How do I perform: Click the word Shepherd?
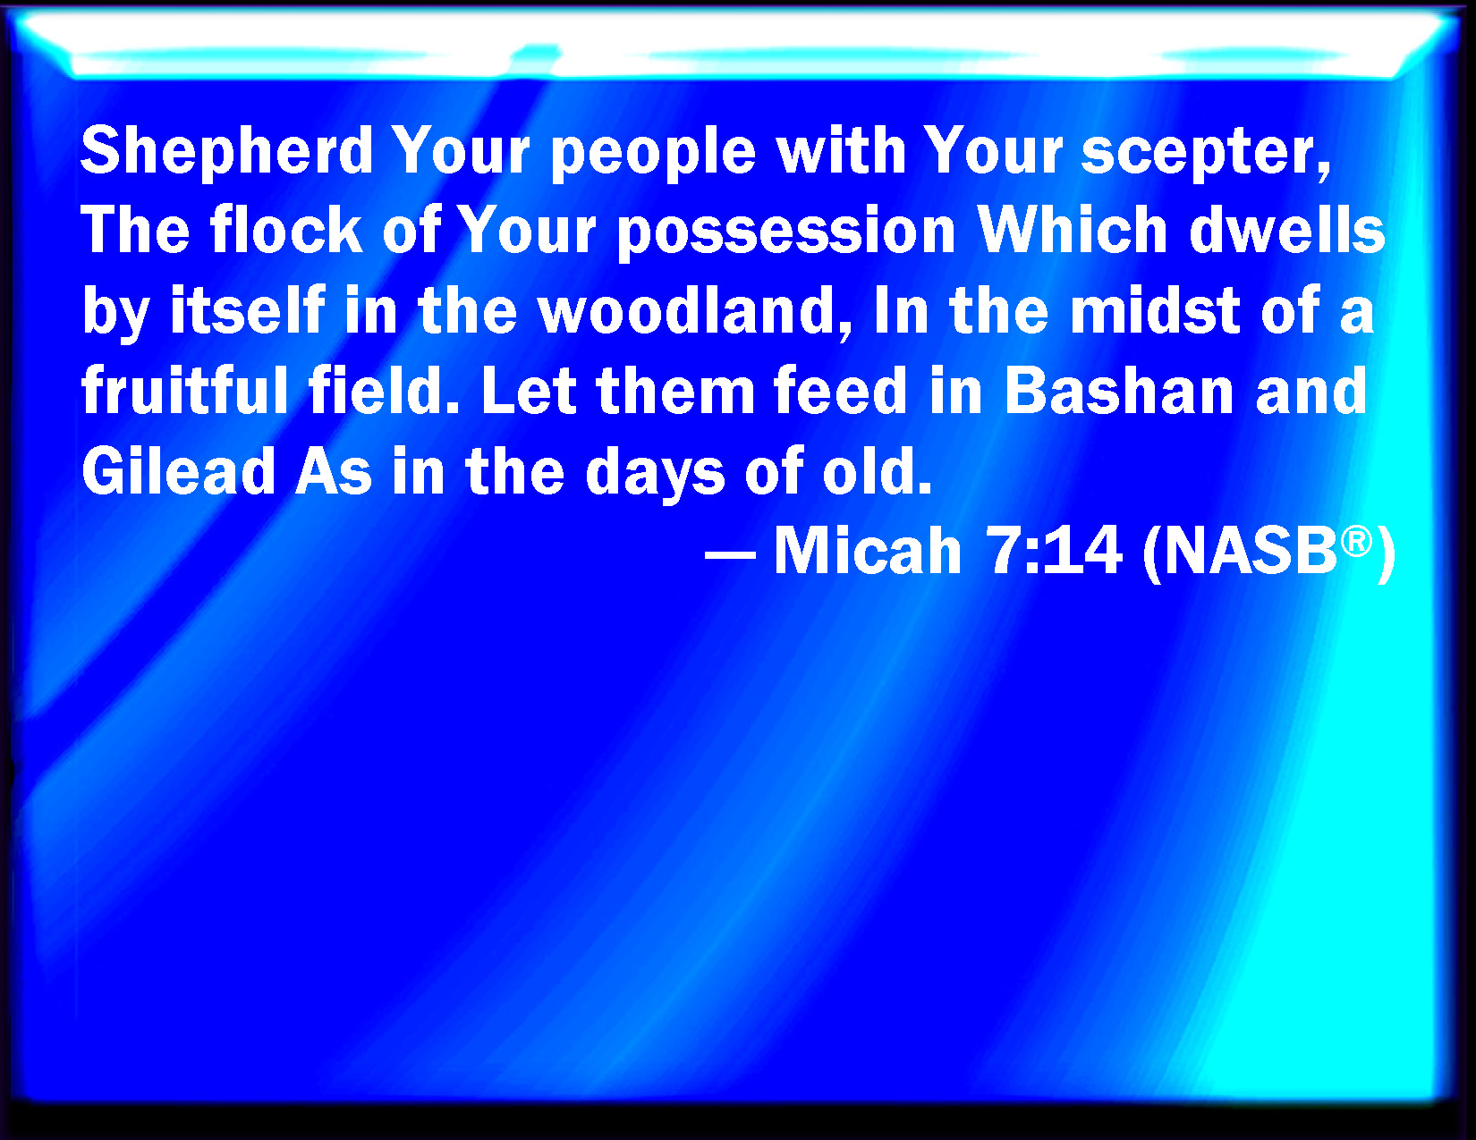(227, 151)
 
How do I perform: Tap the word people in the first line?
(653, 151)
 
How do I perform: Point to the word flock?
(286, 230)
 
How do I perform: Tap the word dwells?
(1286, 230)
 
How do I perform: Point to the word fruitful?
(185, 390)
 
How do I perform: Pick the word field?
(384, 390)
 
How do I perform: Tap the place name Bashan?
(1119, 390)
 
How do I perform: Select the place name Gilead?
(178, 470)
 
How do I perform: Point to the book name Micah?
(868, 552)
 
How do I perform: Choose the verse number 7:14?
(1053, 552)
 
